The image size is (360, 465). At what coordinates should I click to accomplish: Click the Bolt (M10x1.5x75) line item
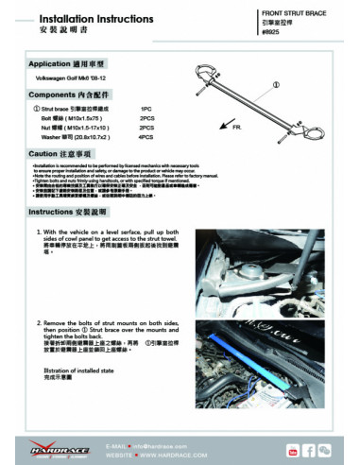coord(75,118)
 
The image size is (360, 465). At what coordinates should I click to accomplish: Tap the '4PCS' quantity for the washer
coord(146,137)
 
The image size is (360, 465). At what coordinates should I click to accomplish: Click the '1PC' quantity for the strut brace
coord(146,109)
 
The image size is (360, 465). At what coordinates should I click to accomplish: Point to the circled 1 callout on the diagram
coord(276,86)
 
